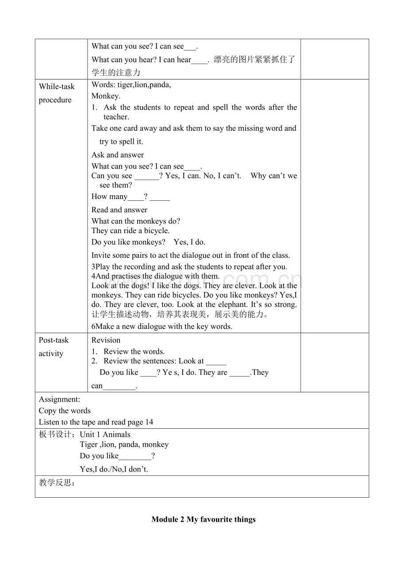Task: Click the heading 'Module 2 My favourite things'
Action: coord(203,519)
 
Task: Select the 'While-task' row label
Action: coord(57,87)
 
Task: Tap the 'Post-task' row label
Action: coord(54,340)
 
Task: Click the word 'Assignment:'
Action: coord(59,399)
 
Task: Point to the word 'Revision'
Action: coord(106,340)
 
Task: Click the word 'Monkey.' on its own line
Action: coord(106,96)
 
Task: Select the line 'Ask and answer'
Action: coord(118,155)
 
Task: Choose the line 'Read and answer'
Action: coord(119,210)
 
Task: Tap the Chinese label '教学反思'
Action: coord(57,483)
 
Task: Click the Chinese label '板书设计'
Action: coord(57,434)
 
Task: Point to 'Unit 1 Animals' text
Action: coord(105,434)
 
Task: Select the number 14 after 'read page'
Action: coord(149,422)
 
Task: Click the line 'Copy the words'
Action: coord(65,411)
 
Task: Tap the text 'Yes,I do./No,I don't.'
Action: coord(114,469)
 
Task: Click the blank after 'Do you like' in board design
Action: coord(135,457)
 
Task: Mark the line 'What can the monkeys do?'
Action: coord(136,221)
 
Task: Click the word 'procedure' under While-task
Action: coord(55,100)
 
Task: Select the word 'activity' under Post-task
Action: coord(51,353)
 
